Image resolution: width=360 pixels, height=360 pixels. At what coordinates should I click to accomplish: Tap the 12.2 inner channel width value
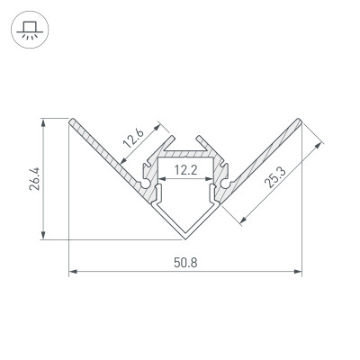point(185,168)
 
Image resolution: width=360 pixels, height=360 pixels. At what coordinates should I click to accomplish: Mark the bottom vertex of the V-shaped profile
point(185,238)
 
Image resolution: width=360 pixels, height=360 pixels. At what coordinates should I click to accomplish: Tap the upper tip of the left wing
point(71,120)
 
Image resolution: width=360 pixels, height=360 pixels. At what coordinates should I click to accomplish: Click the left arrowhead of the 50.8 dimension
point(73,270)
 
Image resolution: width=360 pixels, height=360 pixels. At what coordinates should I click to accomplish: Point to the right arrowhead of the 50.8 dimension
point(298,270)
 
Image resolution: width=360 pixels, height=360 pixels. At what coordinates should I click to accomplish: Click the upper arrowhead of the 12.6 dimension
point(162,122)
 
